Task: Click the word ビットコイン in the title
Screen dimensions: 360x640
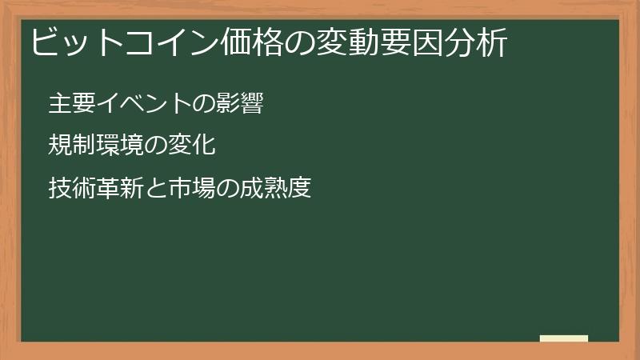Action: (x=121, y=42)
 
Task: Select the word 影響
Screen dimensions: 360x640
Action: (x=239, y=104)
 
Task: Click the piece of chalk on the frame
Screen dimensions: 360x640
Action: (x=563, y=338)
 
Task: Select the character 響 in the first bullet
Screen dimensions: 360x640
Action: (x=251, y=104)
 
